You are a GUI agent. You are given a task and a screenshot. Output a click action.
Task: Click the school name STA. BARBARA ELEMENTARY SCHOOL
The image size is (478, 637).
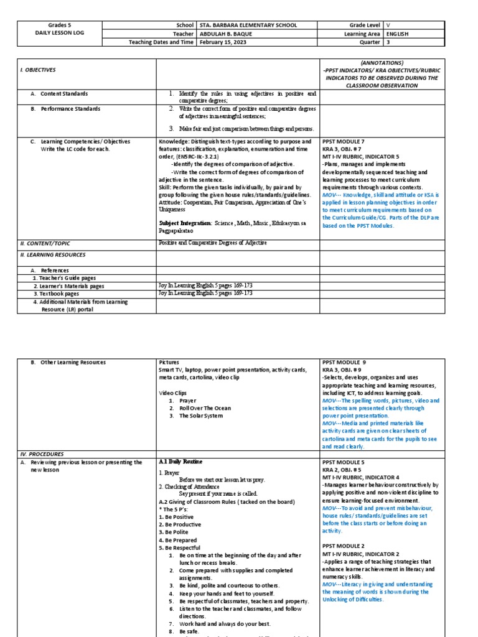248,26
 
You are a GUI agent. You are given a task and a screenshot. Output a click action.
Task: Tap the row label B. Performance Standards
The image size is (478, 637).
70,109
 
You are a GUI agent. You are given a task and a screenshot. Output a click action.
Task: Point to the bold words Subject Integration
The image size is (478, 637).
185,222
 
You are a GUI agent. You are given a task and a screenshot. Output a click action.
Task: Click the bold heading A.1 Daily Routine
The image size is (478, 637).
180,462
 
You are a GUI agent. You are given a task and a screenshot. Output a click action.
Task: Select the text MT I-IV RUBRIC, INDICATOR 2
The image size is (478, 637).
360,554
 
